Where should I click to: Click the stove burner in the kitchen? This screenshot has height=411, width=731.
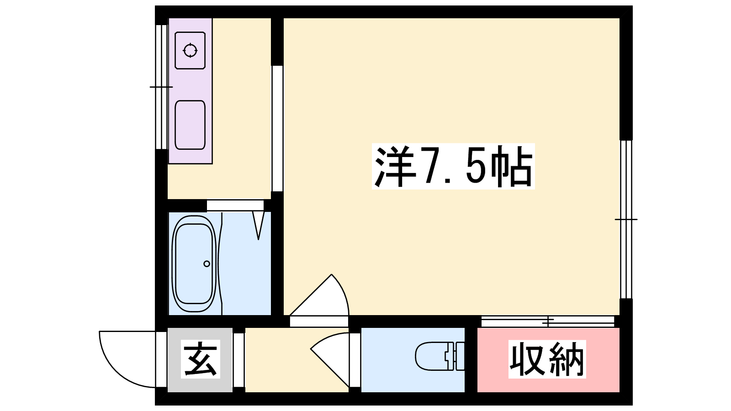(190, 51)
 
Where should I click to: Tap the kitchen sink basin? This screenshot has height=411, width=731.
(190, 125)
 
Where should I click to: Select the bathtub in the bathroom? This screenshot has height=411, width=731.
(194, 263)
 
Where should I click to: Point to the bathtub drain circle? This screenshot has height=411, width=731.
(207, 263)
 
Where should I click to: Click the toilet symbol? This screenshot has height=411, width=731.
(440, 356)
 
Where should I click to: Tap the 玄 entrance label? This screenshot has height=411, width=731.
(201, 359)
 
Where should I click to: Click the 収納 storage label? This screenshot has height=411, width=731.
(547, 359)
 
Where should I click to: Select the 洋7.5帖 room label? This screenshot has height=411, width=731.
(453, 166)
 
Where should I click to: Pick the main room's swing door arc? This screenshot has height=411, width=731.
(343, 290)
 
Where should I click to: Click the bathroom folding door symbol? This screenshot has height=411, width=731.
(259, 226)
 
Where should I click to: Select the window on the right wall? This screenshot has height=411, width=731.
(626, 219)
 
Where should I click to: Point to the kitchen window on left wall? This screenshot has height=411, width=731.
(161, 87)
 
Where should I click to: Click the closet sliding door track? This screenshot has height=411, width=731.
(548, 321)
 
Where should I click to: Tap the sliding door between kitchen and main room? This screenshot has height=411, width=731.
(277, 128)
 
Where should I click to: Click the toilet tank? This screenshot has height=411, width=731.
(459, 356)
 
